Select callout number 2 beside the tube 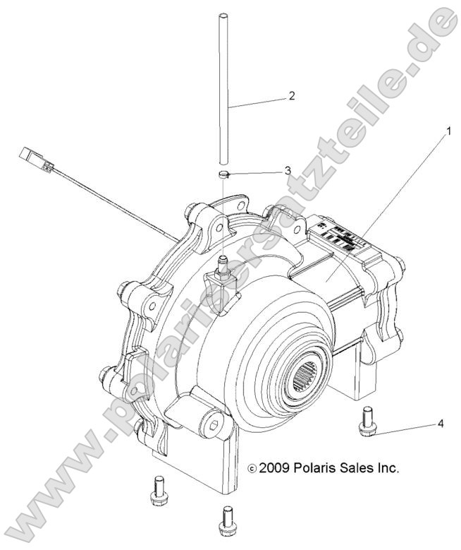[290, 97]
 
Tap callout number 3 [286, 170]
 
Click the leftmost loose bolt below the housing [158, 490]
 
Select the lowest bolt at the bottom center [226, 522]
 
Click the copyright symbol [252, 468]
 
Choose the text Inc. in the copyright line [388, 467]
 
